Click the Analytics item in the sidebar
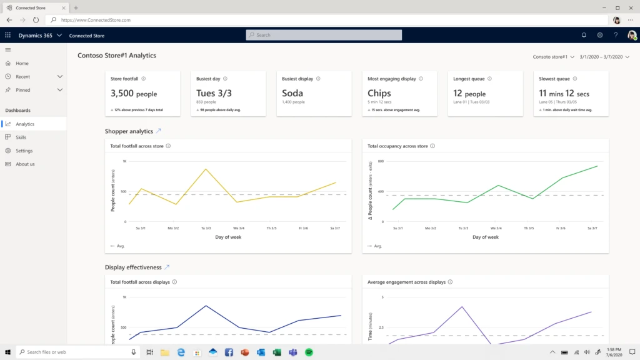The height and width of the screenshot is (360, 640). [x=25, y=124]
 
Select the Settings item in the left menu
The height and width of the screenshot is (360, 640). [x=24, y=151]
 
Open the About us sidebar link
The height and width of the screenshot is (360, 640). [x=25, y=164]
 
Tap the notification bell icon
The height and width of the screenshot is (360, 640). [x=584, y=35]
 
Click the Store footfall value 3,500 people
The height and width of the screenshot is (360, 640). [x=133, y=94]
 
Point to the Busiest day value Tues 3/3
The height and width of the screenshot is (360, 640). [x=214, y=93]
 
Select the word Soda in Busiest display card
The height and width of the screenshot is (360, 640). [x=292, y=93]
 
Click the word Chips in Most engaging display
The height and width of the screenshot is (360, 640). [x=379, y=93]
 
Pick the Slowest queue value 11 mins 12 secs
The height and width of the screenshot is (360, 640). [x=564, y=94]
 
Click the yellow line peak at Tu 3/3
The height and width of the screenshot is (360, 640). [x=206, y=169]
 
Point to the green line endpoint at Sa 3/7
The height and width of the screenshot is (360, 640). [x=597, y=166]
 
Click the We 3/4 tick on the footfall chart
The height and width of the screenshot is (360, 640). [x=238, y=228]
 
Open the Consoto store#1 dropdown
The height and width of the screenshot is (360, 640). [x=553, y=57]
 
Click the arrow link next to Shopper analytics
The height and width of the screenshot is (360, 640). [x=158, y=131]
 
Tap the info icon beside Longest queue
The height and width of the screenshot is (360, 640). [x=489, y=79]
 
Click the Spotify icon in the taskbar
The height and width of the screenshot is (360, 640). [x=309, y=352]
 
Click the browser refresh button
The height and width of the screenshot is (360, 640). [x=36, y=20]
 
